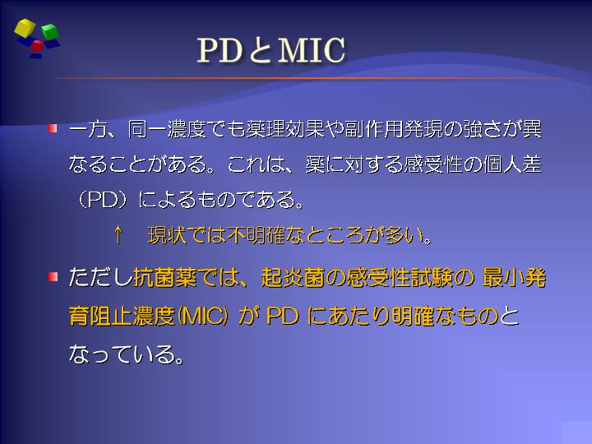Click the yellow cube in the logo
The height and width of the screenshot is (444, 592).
25,28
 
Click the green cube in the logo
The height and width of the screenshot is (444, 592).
49,31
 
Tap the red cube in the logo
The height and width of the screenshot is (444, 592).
37,46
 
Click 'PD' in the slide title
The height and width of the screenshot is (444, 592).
220,50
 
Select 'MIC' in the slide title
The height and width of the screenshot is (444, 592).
312,50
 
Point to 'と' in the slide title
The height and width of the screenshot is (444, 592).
260,51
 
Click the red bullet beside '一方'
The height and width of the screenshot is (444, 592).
53,128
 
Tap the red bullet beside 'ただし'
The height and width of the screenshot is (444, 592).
53,277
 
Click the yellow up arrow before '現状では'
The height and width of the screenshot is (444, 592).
118,234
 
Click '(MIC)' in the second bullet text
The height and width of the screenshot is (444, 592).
202,316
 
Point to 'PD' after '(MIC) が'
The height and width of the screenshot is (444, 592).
282,316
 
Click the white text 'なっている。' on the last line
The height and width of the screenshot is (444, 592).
127,354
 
